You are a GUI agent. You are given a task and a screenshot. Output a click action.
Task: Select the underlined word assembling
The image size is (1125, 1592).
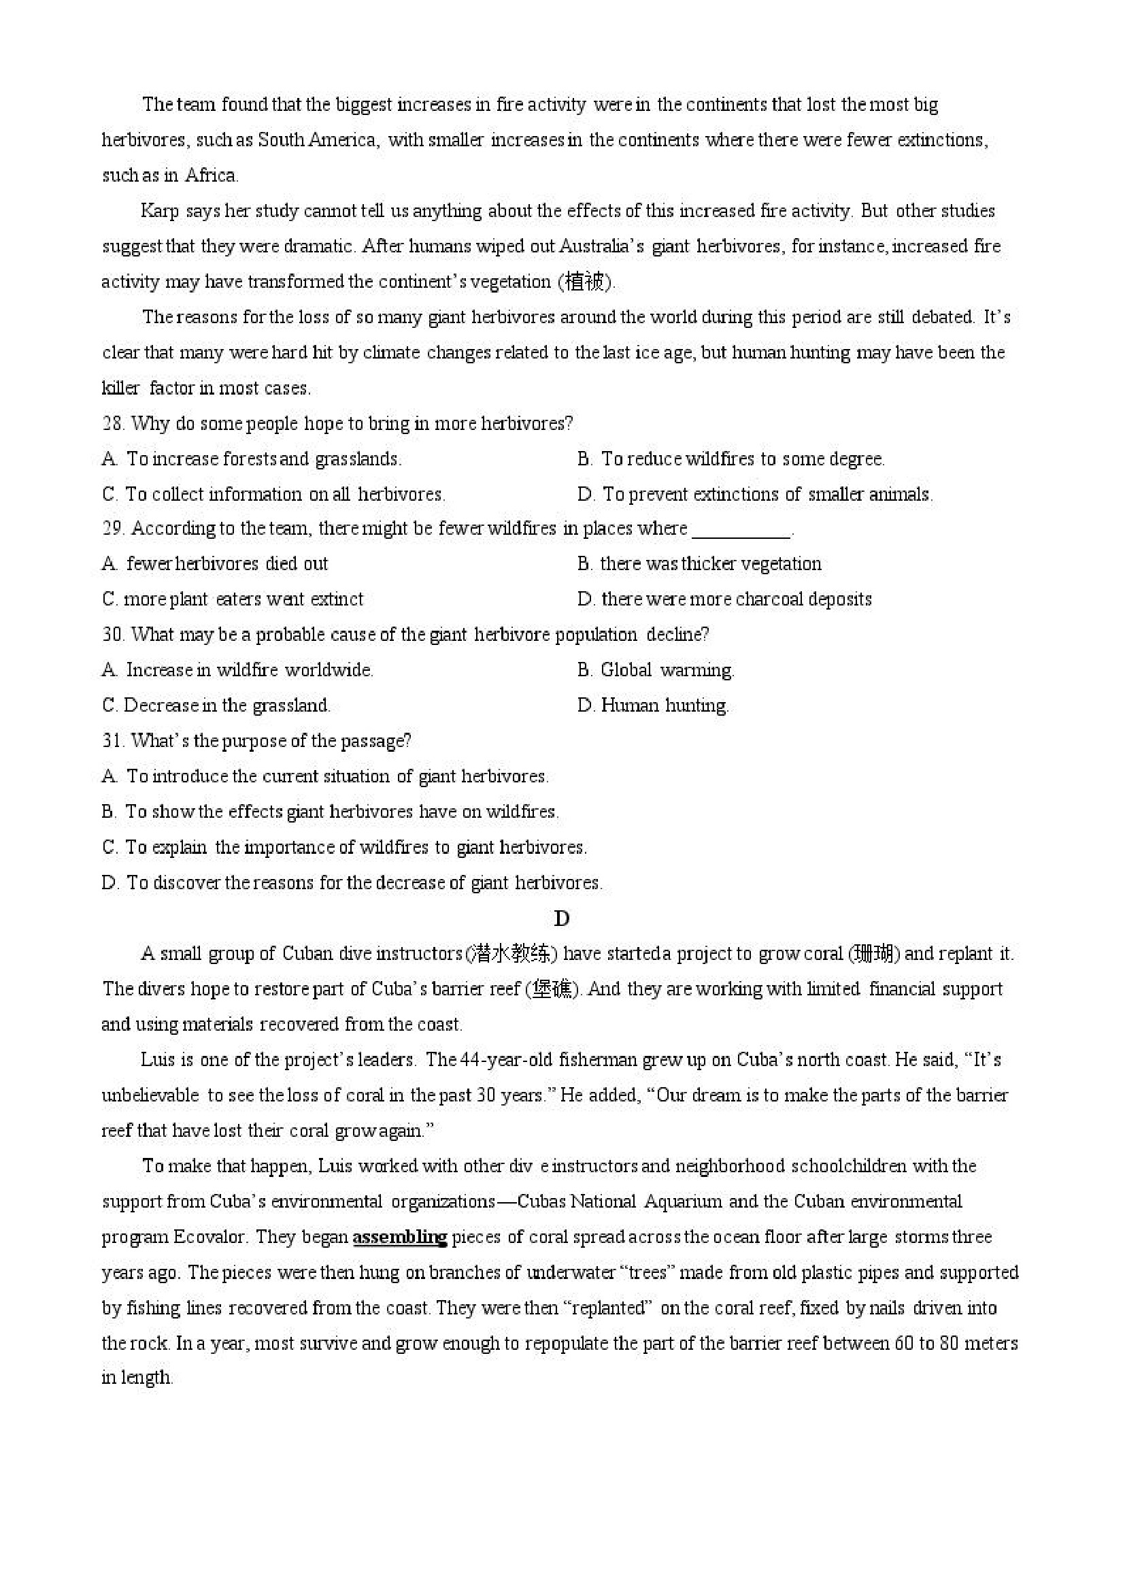400,1237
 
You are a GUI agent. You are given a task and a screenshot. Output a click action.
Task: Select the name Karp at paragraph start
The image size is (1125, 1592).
159,211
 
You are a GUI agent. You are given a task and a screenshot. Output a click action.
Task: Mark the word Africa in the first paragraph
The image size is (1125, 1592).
212,176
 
